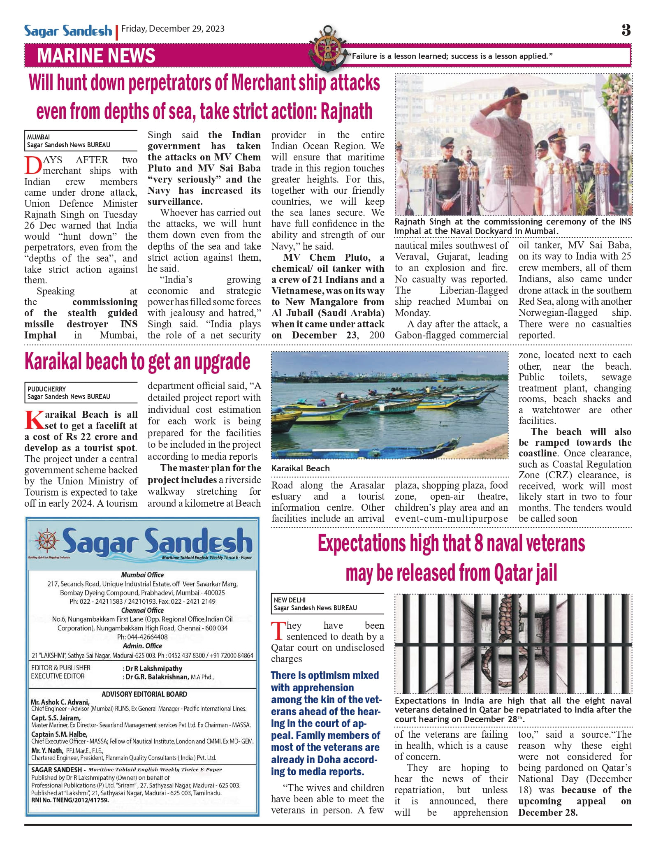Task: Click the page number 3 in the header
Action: coord(626,30)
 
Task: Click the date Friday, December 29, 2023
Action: coord(173,29)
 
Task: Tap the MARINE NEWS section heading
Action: coord(96,56)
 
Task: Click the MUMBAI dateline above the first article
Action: coord(38,137)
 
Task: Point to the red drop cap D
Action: coord(32,166)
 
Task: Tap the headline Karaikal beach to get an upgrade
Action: coord(137,362)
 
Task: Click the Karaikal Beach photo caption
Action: coord(300,468)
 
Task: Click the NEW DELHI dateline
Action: coord(290,600)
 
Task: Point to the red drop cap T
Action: coord(278,631)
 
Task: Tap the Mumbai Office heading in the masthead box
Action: coord(142,575)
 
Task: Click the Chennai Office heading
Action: coord(142,610)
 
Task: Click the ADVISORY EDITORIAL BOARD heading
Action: coord(144,694)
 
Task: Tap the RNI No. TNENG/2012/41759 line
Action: coord(70,800)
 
